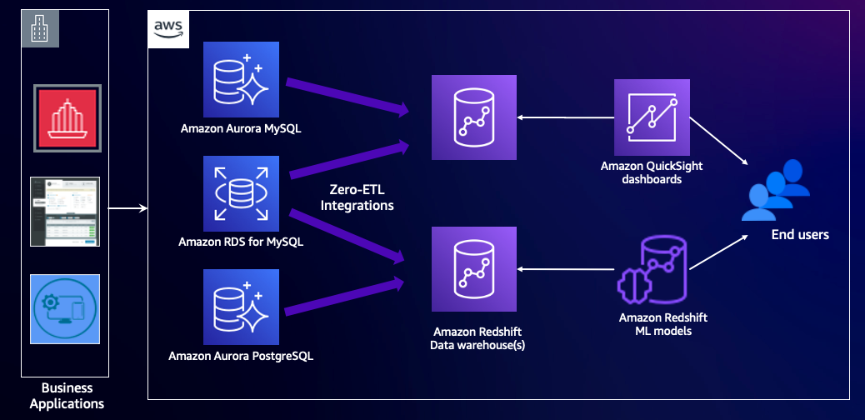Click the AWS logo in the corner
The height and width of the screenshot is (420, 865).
click(x=167, y=29)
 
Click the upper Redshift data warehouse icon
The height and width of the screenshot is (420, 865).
click(x=473, y=117)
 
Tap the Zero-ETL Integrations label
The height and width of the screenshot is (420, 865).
click(x=357, y=197)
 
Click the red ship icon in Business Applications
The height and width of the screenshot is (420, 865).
click(x=66, y=117)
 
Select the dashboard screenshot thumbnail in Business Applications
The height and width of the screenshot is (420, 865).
click(x=65, y=211)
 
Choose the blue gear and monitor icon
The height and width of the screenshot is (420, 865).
click(x=65, y=308)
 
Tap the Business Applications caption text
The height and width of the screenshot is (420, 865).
click(x=67, y=396)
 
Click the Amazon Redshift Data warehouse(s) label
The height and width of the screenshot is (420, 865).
click(x=473, y=337)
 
